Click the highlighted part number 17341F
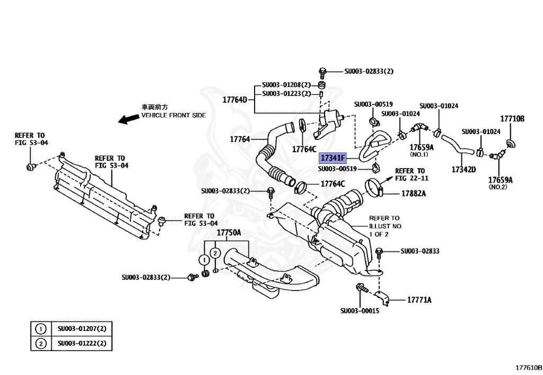[332, 158]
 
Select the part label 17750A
[229, 233]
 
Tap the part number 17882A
[413, 194]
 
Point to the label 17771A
[419, 300]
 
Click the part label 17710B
[512, 119]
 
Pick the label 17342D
[463, 169]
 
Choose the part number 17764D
[235, 99]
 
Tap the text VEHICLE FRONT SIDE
[173, 115]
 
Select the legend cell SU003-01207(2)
[82, 329]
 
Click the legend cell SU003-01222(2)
[82, 344]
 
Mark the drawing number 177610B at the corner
[529, 367]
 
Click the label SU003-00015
[360, 311]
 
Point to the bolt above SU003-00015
[358, 289]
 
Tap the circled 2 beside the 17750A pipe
[215, 254]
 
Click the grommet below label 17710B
[512, 143]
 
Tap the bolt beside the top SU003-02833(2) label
[322, 71]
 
